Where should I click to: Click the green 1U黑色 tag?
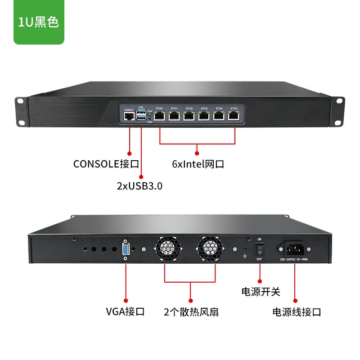[39, 22]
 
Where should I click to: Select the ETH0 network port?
[160, 116]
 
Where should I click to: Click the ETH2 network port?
[189, 116]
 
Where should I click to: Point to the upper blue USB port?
[142, 112]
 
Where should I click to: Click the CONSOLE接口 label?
[106, 164]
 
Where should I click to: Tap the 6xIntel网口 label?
[198, 164]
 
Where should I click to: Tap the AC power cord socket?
[294, 248]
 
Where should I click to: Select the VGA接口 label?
[125, 311]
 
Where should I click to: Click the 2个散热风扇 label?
[191, 311]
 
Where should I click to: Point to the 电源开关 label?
[261, 292]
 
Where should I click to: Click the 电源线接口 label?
[297, 311]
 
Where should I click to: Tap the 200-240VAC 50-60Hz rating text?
[295, 260]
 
